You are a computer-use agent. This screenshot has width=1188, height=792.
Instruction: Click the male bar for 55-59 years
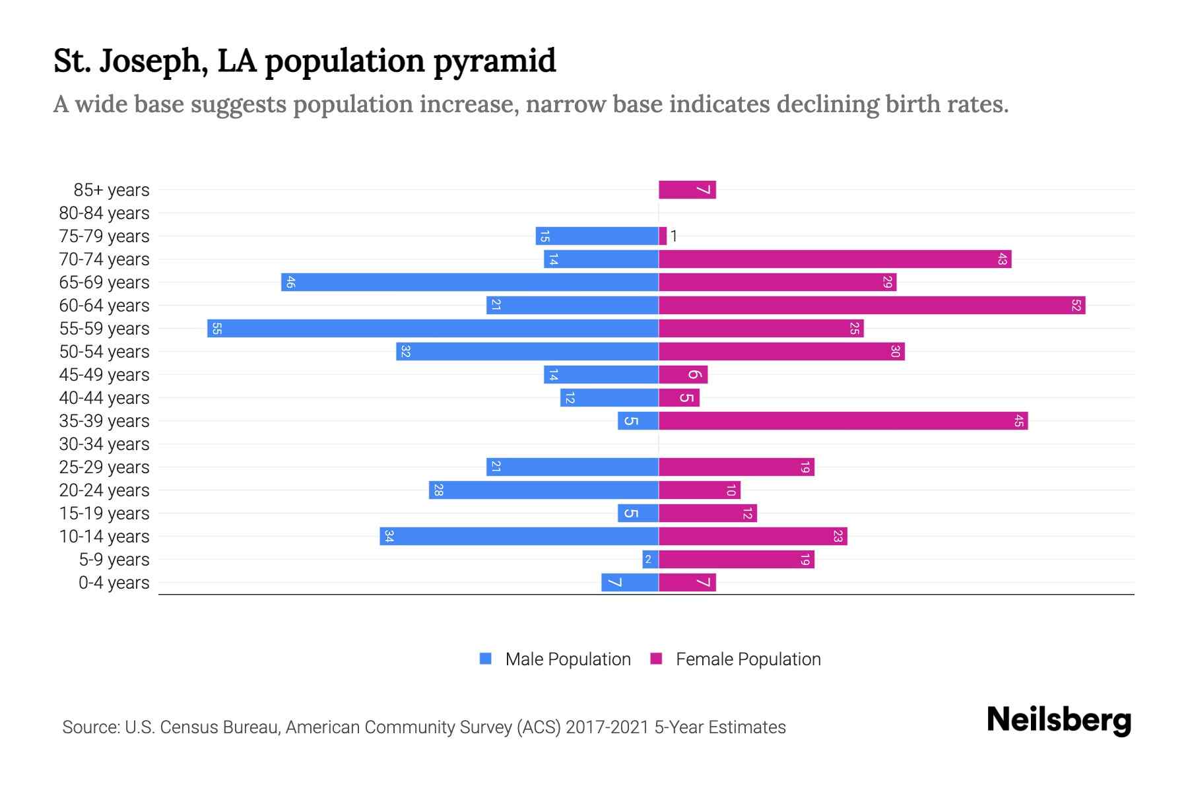(x=433, y=328)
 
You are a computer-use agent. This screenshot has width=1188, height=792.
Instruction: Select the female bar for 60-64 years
(x=871, y=305)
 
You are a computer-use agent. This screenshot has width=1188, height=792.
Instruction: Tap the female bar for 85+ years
(x=686, y=189)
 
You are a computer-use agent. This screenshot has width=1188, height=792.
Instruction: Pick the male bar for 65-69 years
(x=470, y=282)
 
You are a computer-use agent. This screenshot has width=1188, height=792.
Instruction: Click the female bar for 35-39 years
(x=843, y=420)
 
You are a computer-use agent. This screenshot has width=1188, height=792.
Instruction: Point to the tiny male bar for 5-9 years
(x=650, y=559)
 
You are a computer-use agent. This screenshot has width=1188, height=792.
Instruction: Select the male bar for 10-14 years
(x=519, y=536)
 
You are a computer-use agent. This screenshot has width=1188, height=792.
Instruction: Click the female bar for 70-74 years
(x=835, y=259)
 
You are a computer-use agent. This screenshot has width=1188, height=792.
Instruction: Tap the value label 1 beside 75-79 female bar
(x=674, y=236)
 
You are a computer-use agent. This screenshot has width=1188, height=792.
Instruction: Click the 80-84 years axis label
(x=104, y=213)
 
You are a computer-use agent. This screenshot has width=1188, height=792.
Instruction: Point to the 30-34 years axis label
(x=104, y=444)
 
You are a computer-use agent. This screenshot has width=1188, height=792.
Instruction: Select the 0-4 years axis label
(x=114, y=582)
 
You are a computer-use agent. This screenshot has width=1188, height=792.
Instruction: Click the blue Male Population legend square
(x=486, y=659)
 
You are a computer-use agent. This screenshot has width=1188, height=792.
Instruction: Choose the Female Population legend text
(x=748, y=659)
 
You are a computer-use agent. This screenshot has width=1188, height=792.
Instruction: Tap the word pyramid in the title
(x=494, y=61)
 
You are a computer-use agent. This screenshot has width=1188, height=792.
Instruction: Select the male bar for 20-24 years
(x=543, y=490)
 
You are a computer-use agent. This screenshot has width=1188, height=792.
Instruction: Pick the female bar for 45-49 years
(x=683, y=374)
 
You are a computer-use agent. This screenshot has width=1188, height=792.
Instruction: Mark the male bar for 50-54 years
(x=527, y=351)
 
